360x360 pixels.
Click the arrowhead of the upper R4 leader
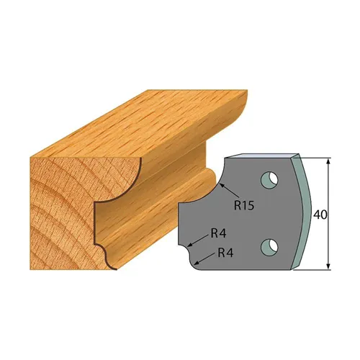coord(190,246)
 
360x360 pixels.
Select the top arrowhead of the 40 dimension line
coord(328,160)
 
